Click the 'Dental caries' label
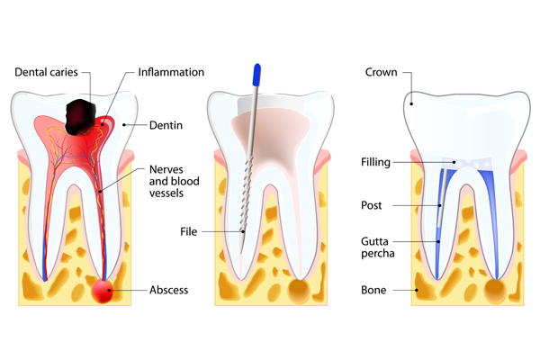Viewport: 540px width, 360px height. pos(50,71)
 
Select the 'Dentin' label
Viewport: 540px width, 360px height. pos(165,126)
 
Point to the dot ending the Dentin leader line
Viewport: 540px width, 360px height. pos(123,126)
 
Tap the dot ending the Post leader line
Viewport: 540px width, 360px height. pos(440,205)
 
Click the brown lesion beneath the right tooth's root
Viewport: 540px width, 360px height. pos(494,291)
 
